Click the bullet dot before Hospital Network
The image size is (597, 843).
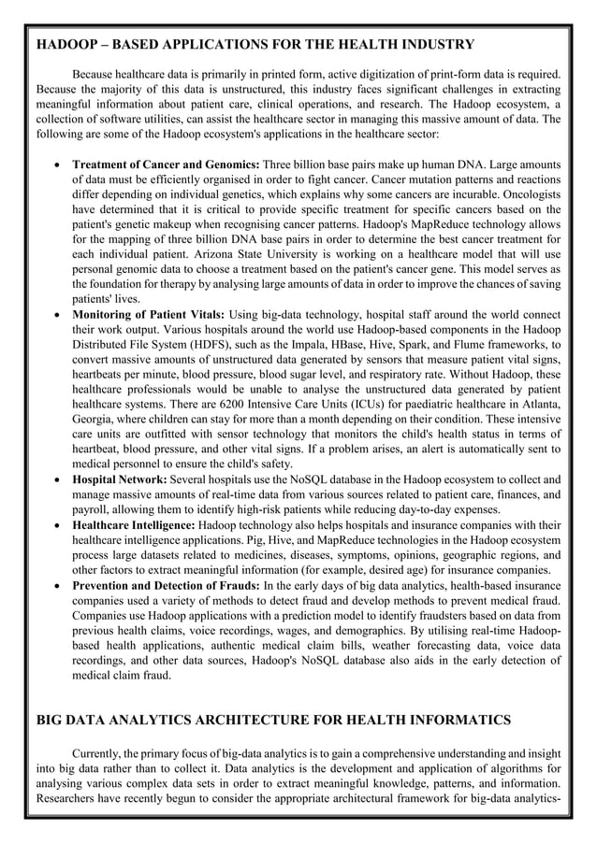pos(60,478)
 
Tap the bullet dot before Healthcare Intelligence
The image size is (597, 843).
pos(60,525)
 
